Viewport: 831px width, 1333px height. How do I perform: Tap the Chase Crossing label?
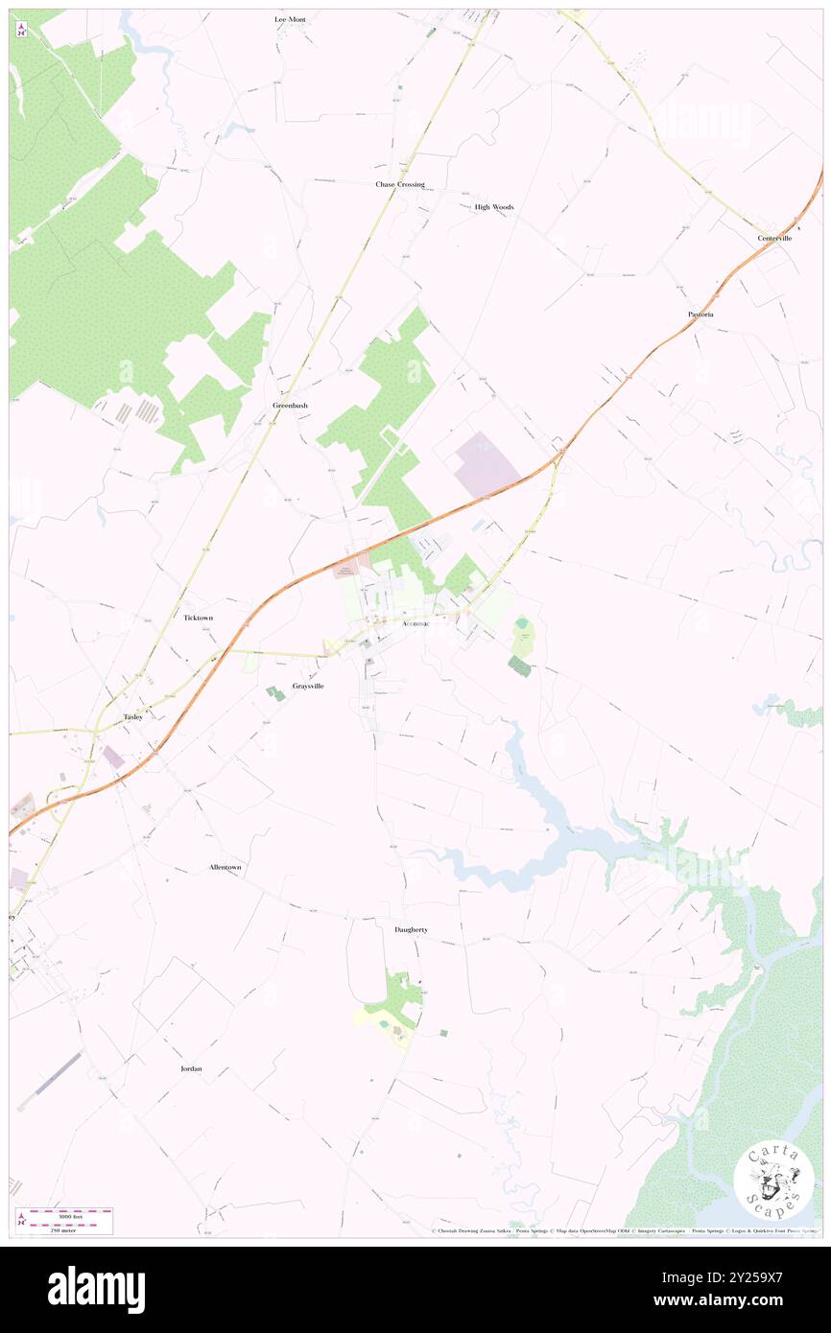pyautogui.click(x=399, y=184)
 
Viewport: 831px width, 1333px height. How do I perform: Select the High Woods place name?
pyautogui.click(x=494, y=207)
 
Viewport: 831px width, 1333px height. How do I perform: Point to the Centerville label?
pyautogui.click(x=774, y=238)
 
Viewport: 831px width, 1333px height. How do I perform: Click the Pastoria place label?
pyautogui.click(x=700, y=315)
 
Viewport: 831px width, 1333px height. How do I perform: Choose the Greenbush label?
pyautogui.click(x=290, y=406)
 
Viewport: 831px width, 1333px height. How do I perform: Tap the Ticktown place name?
pyautogui.click(x=198, y=619)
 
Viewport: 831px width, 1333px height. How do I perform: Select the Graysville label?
pyautogui.click(x=308, y=686)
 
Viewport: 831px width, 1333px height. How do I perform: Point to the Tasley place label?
pyautogui.click(x=133, y=717)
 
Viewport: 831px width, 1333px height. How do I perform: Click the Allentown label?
pyautogui.click(x=226, y=867)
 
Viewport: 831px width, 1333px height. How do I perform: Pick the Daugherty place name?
pyautogui.click(x=411, y=930)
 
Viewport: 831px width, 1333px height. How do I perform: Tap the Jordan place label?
pyautogui.click(x=192, y=1068)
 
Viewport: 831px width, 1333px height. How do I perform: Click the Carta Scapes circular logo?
pyautogui.click(x=773, y=1181)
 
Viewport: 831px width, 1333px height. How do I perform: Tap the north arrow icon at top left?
pyautogui.click(x=21, y=30)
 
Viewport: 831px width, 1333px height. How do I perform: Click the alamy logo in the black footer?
pyautogui.click(x=96, y=1289)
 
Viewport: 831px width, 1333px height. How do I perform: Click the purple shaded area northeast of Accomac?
pyautogui.click(x=486, y=465)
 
